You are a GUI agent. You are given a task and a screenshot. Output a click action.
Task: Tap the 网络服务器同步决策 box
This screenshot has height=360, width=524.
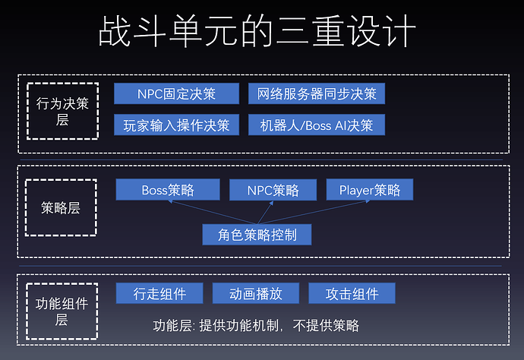point(317,94)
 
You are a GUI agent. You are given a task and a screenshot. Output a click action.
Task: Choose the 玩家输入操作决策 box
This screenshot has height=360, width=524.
point(176,125)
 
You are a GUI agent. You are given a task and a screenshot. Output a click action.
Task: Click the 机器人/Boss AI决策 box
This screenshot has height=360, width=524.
point(317,125)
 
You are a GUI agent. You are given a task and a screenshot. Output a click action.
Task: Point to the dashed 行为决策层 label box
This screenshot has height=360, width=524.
point(62,111)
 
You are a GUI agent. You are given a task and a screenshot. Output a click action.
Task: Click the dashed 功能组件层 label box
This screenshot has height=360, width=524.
point(62,311)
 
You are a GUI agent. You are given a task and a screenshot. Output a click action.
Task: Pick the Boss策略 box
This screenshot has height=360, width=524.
point(167,190)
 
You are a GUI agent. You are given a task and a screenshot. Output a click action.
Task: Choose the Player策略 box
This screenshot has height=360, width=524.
point(370,190)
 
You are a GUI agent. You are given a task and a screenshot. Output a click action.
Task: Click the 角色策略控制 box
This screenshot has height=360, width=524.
point(257,235)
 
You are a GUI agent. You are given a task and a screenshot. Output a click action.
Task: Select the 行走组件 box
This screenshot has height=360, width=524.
point(159,294)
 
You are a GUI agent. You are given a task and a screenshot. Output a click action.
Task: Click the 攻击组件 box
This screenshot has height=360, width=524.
point(352,294)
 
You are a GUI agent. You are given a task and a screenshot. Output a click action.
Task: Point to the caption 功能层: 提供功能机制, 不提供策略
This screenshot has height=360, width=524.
point(256,326)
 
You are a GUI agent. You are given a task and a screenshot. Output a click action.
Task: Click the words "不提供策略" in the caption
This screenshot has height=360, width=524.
point(327,326)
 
